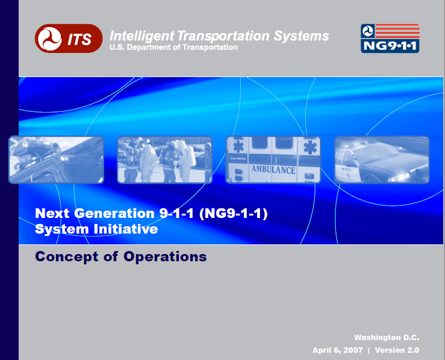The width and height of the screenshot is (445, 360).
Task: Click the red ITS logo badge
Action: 69,39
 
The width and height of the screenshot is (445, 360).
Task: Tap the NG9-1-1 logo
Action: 390,39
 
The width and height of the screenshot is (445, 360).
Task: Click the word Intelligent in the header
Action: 142,36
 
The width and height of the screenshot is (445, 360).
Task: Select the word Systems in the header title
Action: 301,36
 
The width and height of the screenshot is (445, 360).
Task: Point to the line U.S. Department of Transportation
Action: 173,48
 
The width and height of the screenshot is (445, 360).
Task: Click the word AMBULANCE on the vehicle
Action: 273,169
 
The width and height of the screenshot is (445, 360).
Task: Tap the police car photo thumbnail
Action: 382,160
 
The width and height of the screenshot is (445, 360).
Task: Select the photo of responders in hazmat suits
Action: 164,160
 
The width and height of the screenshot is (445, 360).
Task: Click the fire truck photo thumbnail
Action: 56,160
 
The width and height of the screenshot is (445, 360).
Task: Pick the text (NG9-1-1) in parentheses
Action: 233,214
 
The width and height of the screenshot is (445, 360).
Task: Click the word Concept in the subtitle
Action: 67,256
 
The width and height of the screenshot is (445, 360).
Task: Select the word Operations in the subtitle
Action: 165,256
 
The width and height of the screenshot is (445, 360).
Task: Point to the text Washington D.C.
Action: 387,338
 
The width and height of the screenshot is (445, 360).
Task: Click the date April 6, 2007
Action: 337,350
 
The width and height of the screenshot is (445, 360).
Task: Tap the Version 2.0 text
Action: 397,350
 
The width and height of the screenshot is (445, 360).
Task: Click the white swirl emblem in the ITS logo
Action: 49,39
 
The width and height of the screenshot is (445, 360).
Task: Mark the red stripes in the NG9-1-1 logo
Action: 397,31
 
